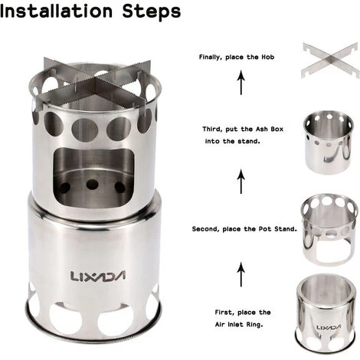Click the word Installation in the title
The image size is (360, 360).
pos(56,11)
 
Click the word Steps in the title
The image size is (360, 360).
pos(152,12)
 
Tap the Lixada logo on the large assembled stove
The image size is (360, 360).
pos(97,276)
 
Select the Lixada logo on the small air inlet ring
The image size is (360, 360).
pos(329,327)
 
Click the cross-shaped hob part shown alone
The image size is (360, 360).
pos(329,60)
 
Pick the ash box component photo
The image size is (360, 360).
pos(329,142)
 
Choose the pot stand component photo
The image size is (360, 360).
pos(329,230)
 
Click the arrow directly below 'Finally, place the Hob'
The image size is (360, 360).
pos(241,83)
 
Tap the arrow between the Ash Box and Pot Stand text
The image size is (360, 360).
pos(241,182)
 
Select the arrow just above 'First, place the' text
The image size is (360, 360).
pos(241,274)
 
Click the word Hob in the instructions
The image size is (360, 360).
pos(268,57)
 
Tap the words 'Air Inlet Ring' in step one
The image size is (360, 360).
pos(239,325)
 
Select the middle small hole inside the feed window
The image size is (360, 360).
pos(92,184)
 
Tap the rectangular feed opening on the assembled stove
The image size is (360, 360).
pos(94,177)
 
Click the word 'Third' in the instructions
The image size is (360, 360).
pos(212,129)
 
